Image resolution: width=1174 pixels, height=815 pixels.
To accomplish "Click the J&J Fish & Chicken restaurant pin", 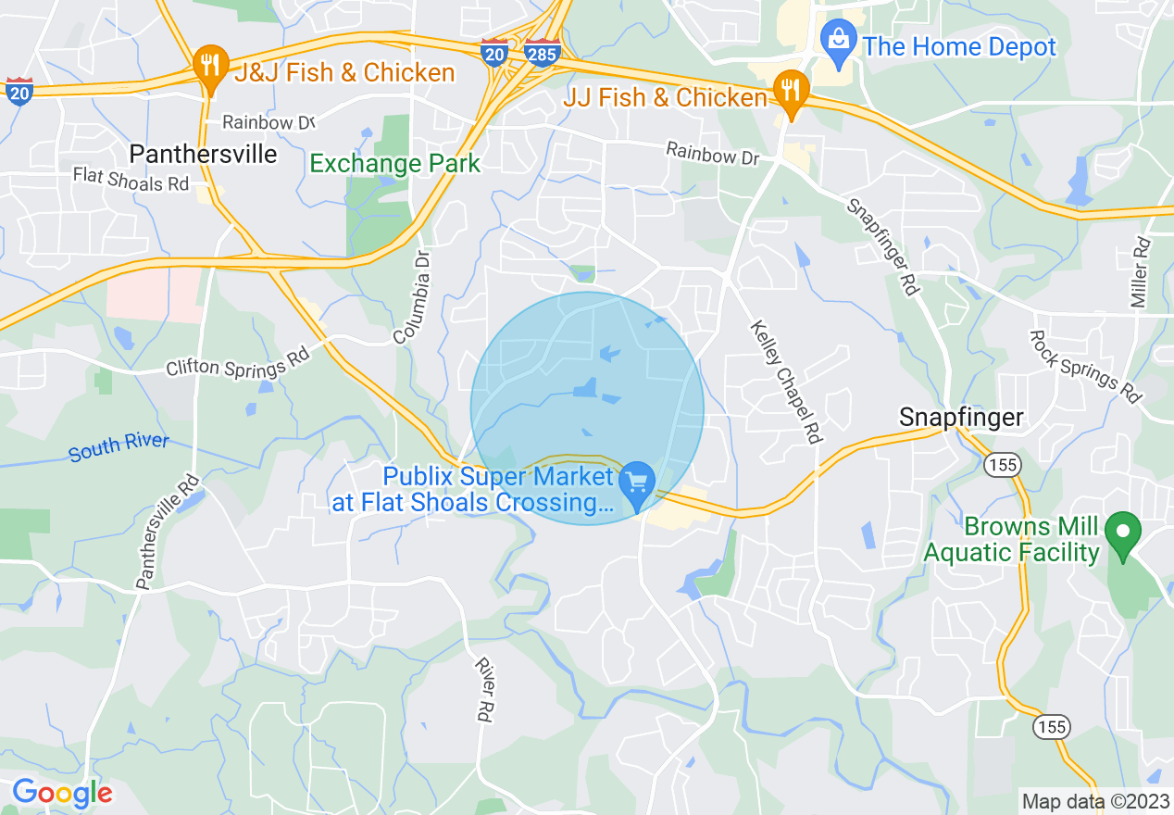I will [x=211, y=67].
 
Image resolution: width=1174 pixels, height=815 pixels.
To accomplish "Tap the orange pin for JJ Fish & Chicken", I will [x=791, y=91].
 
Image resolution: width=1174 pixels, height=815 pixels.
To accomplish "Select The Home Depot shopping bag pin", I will [x=839, y=42].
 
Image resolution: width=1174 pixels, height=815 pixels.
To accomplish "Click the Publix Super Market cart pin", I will [x=637, y=483].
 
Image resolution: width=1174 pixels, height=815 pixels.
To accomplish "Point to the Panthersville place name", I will [x=203, y=154].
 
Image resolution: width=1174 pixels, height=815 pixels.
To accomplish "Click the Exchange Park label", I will [x=394, y=164].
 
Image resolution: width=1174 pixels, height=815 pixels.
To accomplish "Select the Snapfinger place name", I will [x=961, y=418].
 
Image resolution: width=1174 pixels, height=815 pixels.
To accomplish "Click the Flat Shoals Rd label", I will [x=131, y=179].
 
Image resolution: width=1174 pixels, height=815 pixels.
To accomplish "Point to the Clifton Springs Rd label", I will [x=237, y=367].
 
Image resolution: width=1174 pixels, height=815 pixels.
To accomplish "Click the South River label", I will [x=119, y=447].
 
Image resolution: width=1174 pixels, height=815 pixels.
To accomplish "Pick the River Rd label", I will [x=484, y=689].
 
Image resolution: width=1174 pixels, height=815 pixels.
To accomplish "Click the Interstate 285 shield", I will [x=541, y=54].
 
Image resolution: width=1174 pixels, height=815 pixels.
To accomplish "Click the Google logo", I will [x=62, y=793].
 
